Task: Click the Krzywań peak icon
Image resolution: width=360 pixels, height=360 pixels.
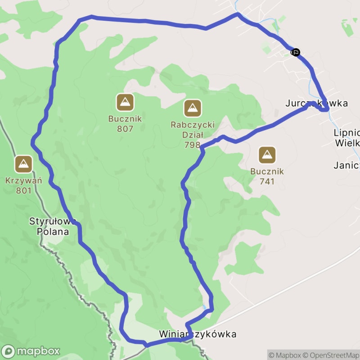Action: (x=23, y=165)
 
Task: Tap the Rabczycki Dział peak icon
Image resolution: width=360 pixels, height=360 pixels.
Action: (x=193, y=108)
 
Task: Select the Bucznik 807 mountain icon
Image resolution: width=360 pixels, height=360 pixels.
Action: (x=125, y=103)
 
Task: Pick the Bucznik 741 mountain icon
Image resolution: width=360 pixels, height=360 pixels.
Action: (x=267, y=155)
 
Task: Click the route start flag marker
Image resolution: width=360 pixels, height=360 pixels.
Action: (x=295, y=52)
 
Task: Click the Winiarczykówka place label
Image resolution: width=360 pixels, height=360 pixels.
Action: (x=198, y=334)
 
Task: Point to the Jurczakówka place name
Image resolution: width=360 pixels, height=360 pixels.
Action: (x=316, y=103)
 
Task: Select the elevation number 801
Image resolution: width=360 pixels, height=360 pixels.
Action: (x=24, y=190)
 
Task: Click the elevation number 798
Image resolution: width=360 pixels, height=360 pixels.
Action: (x=193, y=145)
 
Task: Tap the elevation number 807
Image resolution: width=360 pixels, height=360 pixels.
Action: (x=125, y=129)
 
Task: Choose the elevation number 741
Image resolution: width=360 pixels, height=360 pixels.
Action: (x=267, y=181)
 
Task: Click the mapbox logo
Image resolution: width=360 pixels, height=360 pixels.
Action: (x=31, y=351)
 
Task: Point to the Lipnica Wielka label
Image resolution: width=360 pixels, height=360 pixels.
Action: (x=347, y=138)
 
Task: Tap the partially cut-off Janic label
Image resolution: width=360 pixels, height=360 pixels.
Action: (x=346, y=165)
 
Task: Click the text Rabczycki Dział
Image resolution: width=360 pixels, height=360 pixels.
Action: (x=193, y=129)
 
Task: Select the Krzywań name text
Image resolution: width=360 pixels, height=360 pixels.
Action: (x=24, y=181)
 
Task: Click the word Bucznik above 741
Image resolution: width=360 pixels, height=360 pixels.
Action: (x=267, y=171)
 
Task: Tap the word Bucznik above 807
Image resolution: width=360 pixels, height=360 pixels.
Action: (x=125, y=119)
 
